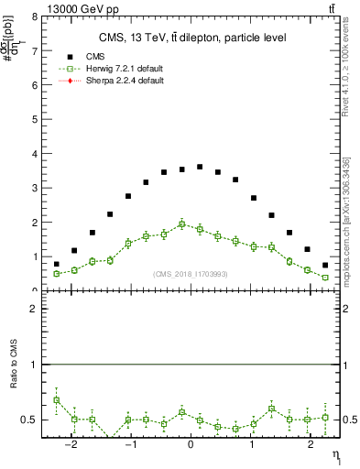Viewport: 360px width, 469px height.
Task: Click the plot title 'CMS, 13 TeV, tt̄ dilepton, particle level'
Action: coord(192,38)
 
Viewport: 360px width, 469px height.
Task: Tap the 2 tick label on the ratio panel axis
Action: coord(35,310)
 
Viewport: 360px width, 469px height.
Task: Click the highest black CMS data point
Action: coord(200,167)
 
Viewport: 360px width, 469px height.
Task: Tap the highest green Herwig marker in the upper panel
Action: coord(181,224)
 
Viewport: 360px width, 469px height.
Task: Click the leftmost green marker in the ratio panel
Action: coord(56,399)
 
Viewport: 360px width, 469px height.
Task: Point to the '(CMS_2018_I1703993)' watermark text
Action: coord(190,274)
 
